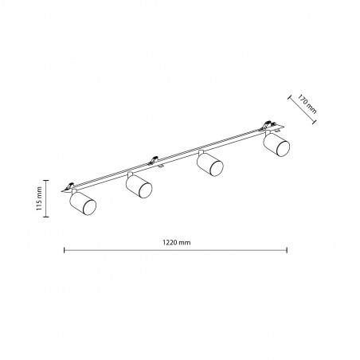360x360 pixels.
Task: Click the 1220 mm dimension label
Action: (x=177, y=242)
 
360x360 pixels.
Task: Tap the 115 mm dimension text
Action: (x=39, y=198)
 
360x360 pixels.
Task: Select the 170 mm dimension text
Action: (x=307, y=104)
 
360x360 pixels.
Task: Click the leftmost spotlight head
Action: (x=83, y=203)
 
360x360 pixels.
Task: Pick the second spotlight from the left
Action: (x=139, y=186)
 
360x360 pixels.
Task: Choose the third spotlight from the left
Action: (x=210, y=164)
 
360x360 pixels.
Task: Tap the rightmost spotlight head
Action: (x=276, y=145)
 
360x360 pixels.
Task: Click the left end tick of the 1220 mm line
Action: (x=65, y=250)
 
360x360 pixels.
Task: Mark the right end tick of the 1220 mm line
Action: (x=287, y=250)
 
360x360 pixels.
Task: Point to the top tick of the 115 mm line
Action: (x=45, y=180)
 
